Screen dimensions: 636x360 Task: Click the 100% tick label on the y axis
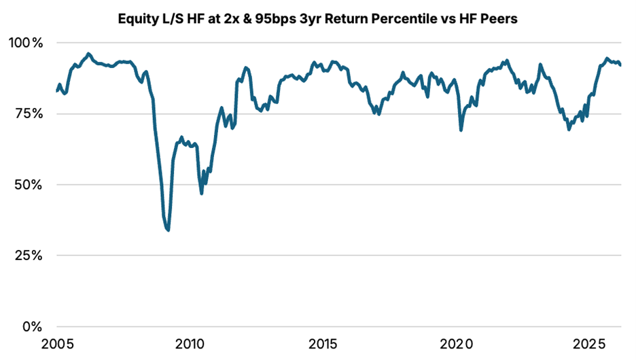coord(26,43)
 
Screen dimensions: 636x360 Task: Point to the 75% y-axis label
coord(29,113)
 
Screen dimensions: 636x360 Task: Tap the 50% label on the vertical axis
coord(29,185)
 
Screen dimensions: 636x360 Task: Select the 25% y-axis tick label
coord(29,255)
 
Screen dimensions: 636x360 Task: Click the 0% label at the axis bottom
coord(32,327)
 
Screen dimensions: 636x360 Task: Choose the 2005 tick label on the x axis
coord(58,344)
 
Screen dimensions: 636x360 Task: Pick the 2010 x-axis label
coord(190,344)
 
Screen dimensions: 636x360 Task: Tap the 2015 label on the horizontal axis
coord(323,344)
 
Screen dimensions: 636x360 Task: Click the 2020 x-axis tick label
coord(457,344)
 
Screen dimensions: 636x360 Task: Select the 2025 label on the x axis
coord(589,344)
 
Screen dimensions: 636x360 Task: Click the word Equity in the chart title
coord(137,18)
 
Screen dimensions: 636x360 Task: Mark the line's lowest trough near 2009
coord(168,230)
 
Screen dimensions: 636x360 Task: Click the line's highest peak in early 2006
coord(88,54)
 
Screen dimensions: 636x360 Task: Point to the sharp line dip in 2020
coord(461,130)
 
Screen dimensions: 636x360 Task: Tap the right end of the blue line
coord(620,65)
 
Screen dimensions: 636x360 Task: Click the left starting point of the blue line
coord(57,91)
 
